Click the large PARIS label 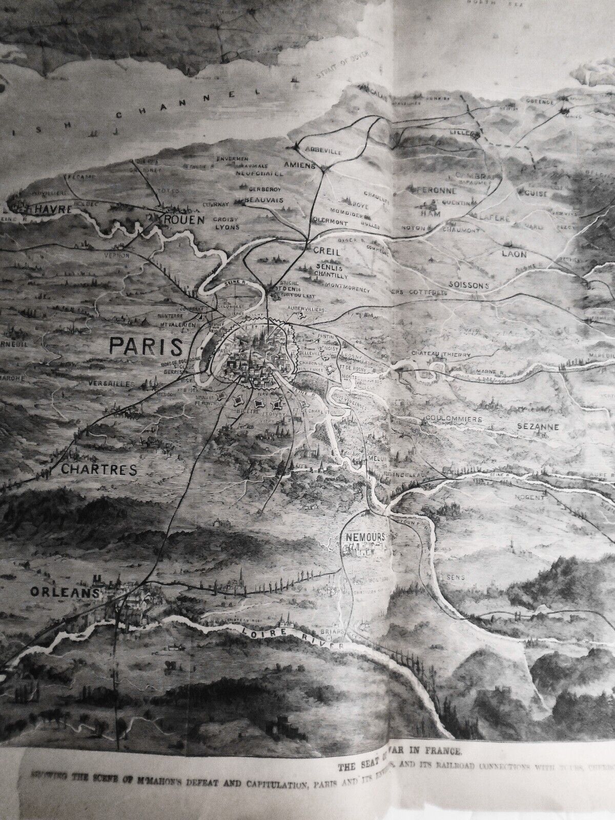(146, 346)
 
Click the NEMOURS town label (364, 536)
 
